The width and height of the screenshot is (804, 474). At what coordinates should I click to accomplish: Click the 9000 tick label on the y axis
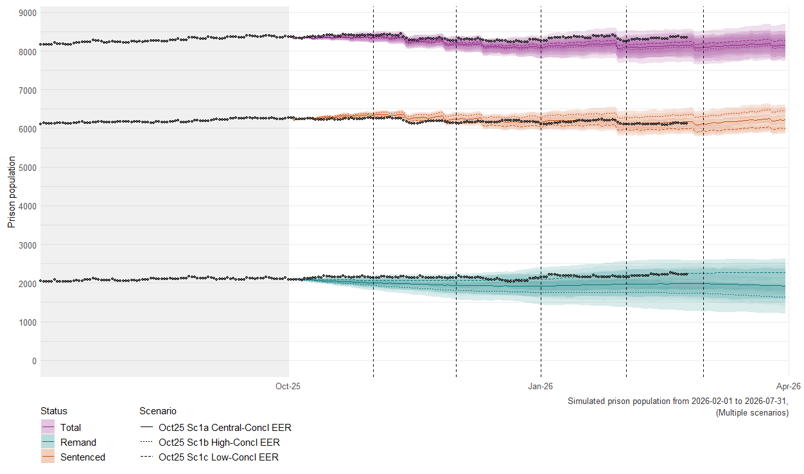28,13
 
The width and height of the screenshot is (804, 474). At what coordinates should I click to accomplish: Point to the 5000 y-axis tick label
28,168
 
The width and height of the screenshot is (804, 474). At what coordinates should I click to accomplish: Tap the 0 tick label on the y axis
34,361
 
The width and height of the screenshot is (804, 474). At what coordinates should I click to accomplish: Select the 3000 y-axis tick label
28,245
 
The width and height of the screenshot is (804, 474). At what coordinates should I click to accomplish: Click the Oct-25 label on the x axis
288,386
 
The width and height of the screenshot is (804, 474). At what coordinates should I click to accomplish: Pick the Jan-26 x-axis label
541,386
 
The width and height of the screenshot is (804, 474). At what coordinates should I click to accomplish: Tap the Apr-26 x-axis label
788,386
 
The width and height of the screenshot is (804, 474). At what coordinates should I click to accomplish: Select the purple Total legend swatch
48,427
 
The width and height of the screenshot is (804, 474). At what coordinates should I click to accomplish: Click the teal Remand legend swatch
48,442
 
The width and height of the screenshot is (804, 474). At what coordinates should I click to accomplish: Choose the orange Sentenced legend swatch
48,457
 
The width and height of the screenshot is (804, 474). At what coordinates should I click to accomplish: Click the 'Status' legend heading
54,411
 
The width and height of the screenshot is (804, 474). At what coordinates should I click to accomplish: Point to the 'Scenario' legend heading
158,411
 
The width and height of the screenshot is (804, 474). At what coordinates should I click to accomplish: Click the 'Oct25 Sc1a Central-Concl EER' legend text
225,427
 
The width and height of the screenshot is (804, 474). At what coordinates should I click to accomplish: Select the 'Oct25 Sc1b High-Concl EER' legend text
219,442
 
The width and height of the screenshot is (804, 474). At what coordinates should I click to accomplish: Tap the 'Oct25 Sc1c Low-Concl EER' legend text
218,457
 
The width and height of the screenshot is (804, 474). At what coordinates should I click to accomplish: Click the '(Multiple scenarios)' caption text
752,413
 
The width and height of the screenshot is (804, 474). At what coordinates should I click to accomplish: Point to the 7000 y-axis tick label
28,91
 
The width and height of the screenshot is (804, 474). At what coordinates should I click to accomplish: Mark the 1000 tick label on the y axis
28,322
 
